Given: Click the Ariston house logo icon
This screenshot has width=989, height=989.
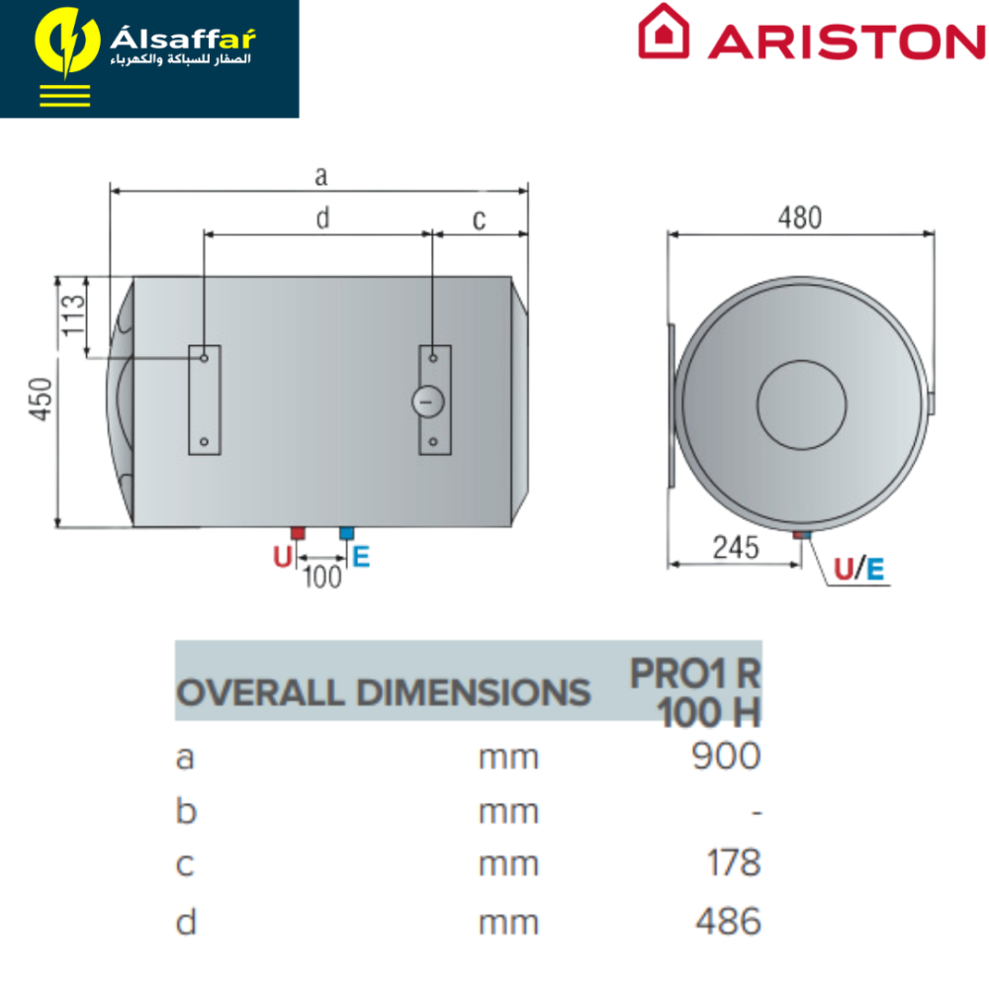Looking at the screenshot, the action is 663,32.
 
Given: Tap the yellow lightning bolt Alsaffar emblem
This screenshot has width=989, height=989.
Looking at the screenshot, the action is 67,43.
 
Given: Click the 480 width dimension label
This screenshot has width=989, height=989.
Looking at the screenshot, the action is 799,219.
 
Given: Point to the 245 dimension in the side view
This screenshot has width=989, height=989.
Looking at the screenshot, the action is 736,548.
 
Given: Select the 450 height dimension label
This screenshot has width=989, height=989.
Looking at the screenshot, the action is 41,399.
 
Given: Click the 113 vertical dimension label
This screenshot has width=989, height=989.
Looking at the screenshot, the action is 72,315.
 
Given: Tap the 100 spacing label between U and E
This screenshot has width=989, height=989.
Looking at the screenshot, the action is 322,578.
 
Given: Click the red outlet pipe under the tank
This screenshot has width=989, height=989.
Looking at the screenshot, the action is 298,534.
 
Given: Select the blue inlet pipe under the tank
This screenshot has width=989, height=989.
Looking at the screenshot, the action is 347,534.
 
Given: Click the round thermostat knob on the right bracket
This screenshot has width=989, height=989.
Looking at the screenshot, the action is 427,402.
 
